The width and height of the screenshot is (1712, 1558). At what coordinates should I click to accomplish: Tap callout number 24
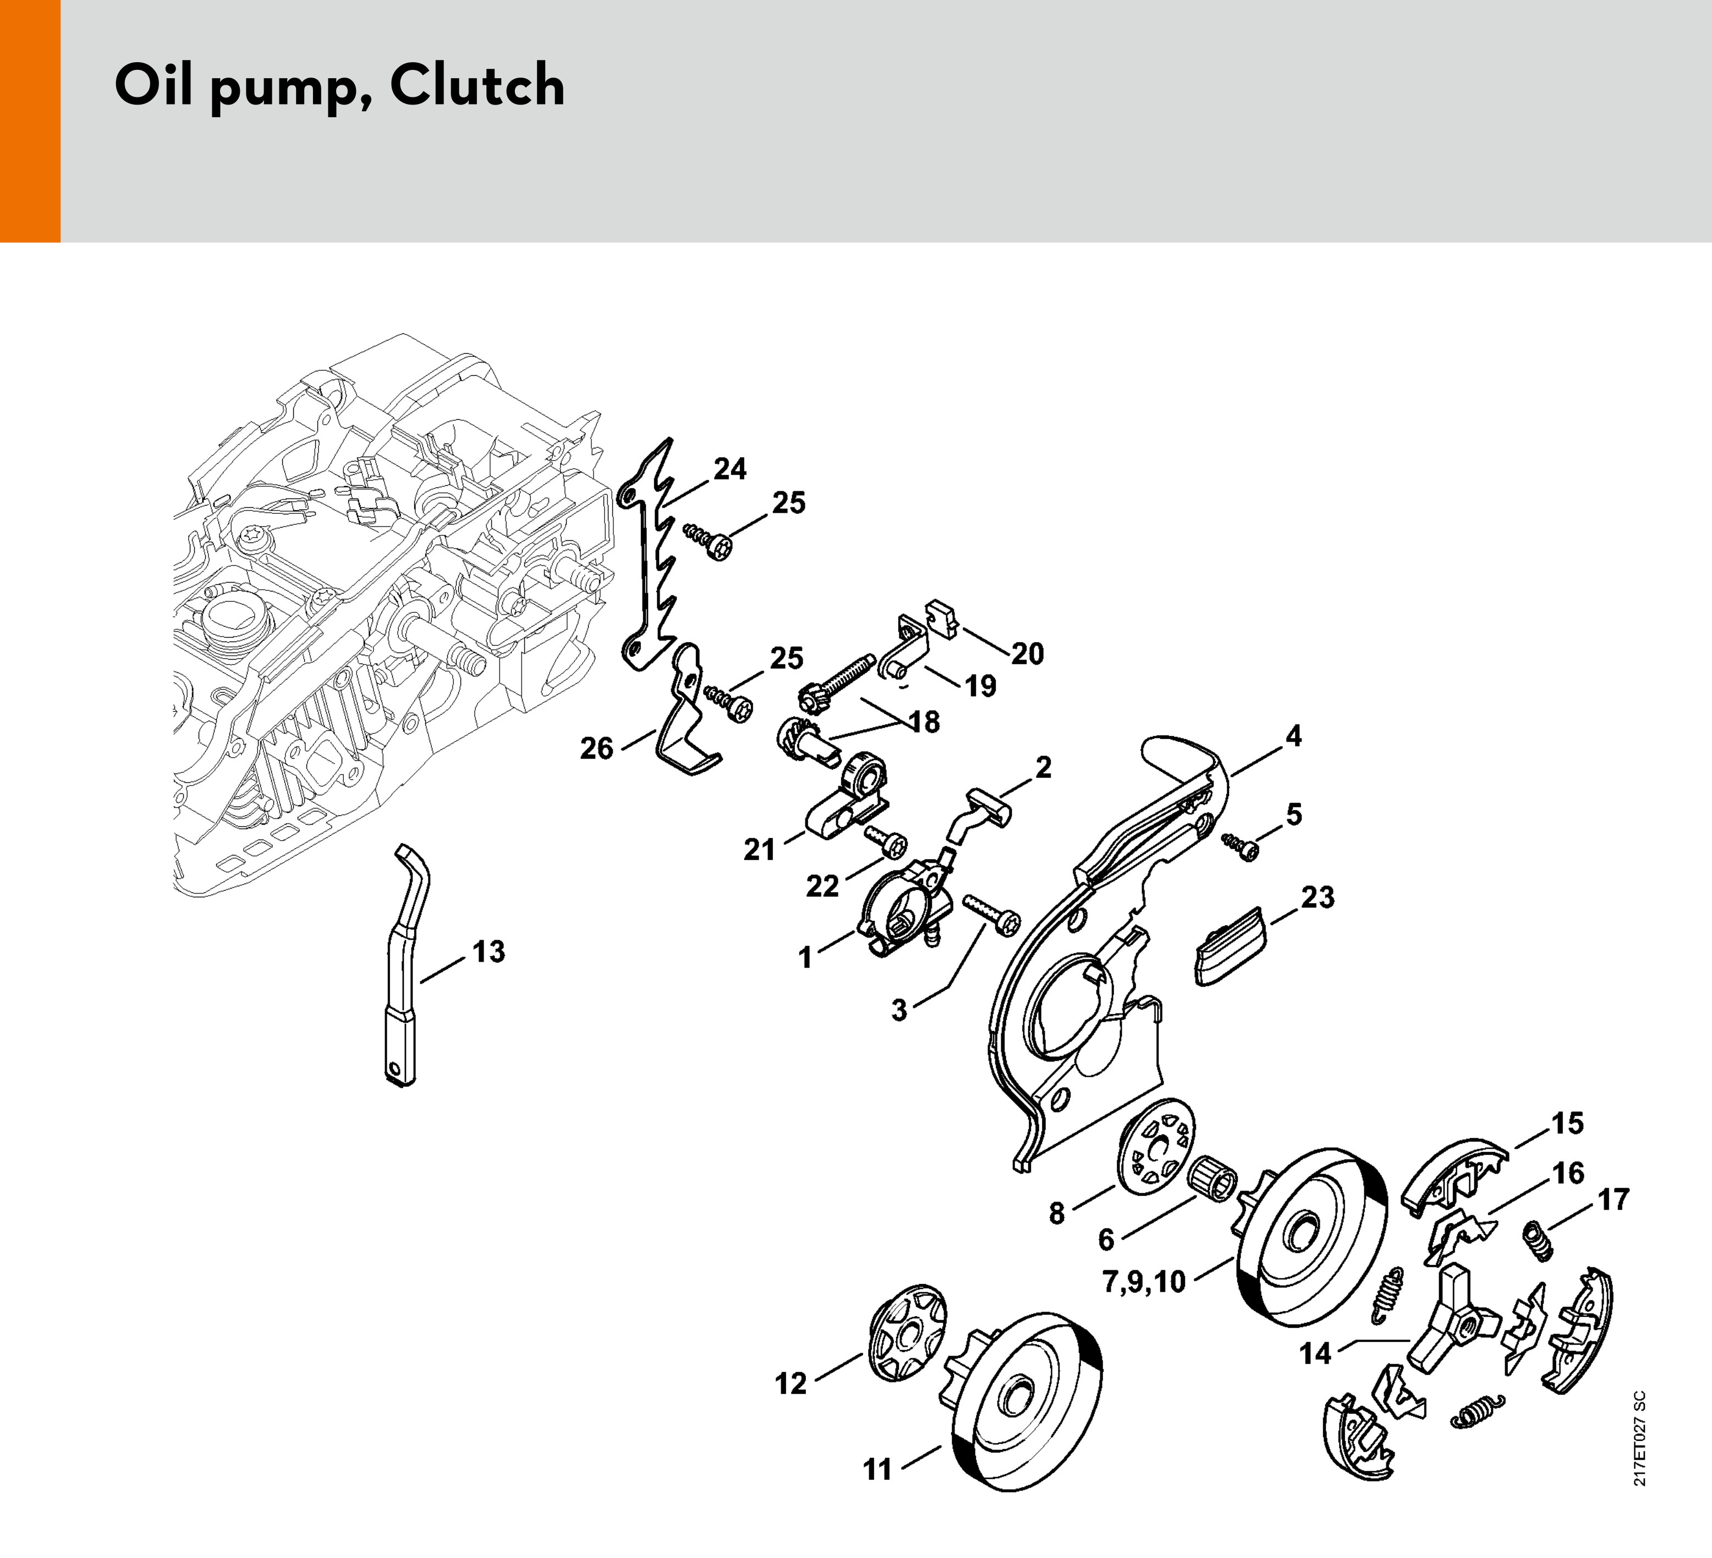tap(729, 469)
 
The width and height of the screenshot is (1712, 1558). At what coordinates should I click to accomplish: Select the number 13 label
tap(489, 952)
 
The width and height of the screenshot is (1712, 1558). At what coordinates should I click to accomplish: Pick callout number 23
tap(1317, 897)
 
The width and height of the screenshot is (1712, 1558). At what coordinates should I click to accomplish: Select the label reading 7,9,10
tap(1143, 1281)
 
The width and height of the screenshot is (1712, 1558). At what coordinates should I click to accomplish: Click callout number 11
tap(877, 1469)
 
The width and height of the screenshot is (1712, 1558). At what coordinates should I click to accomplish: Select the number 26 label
tap(596, 748)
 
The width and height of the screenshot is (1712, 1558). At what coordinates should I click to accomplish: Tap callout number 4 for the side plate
tap(1293, 736)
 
